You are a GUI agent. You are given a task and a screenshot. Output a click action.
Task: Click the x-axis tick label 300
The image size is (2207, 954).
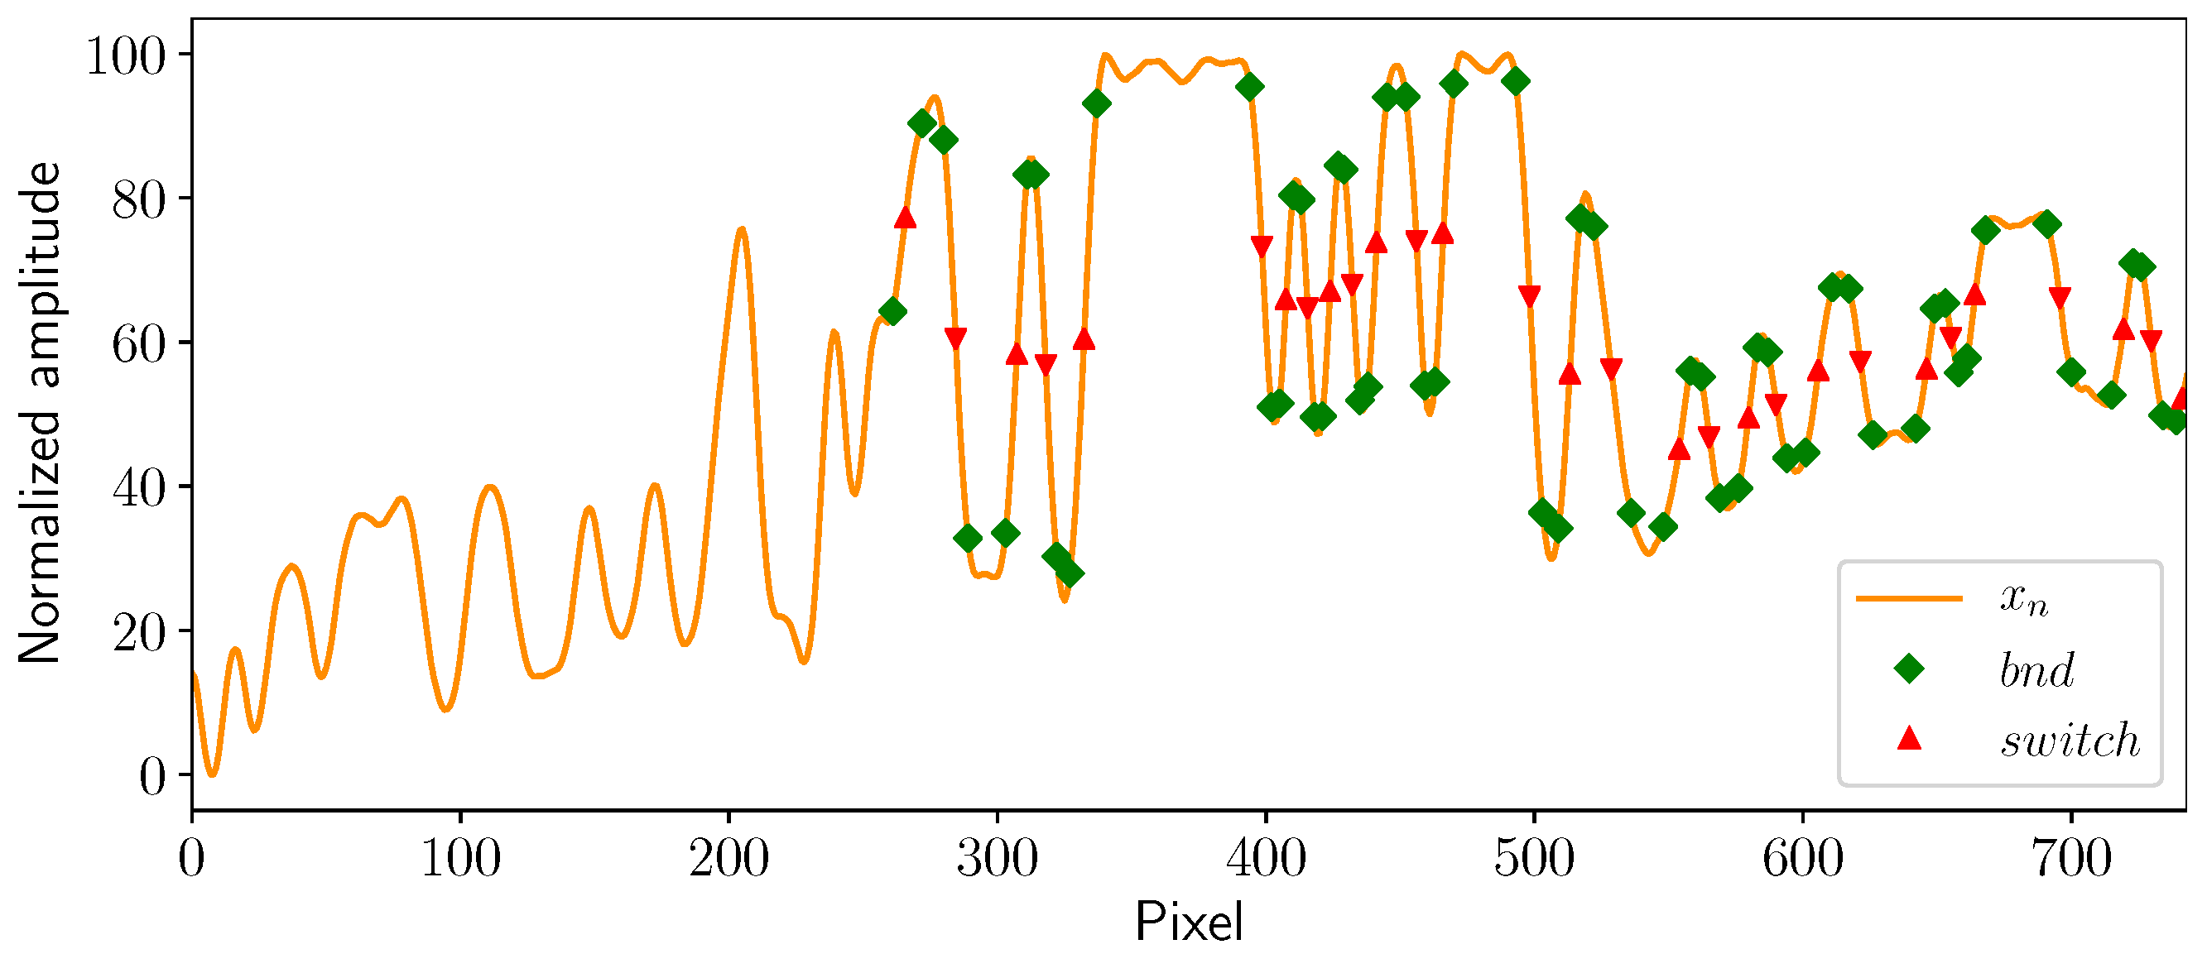coord(997,857)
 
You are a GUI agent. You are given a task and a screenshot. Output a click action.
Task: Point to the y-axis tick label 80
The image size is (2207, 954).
coord(138,200)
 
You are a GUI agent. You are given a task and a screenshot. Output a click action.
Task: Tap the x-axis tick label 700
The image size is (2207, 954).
coord(2070,857)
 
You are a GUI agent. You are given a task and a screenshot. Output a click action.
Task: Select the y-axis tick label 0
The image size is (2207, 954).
coord(151,778)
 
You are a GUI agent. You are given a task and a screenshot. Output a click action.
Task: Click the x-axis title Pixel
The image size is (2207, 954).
coord(1188,923)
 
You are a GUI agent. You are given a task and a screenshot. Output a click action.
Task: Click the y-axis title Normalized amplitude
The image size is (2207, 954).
coord(41,413)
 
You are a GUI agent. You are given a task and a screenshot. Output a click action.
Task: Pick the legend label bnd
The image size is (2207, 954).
coord(2036,669)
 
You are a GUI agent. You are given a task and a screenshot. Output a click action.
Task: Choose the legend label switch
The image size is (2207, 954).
coord(2069,740)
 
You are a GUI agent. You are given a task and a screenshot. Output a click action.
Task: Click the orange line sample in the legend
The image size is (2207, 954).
coord(1909,597)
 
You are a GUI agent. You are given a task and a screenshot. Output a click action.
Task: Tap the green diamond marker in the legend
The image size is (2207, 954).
coord(1909,668)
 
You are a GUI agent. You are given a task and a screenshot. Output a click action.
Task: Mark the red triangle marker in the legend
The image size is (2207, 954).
coord(1909,738)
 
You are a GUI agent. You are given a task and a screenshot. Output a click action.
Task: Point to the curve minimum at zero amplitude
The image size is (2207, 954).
coord(213,774)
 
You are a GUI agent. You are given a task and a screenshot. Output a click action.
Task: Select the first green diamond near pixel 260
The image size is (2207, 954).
coord(892,312)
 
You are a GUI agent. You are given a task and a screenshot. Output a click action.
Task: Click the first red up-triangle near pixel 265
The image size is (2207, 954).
coord(905,218)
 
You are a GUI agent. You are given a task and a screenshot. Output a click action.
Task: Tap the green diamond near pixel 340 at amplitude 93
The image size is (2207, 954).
coord(1097,104)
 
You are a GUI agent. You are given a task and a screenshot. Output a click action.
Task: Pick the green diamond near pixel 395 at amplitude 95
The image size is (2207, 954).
coord(1249,87)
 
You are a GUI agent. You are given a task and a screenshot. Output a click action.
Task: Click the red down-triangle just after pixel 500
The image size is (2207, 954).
coord(1529,296)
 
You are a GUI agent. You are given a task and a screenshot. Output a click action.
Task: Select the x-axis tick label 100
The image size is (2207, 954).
coord(460,857)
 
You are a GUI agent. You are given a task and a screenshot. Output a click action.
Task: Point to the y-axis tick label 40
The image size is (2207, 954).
coord(138,489)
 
